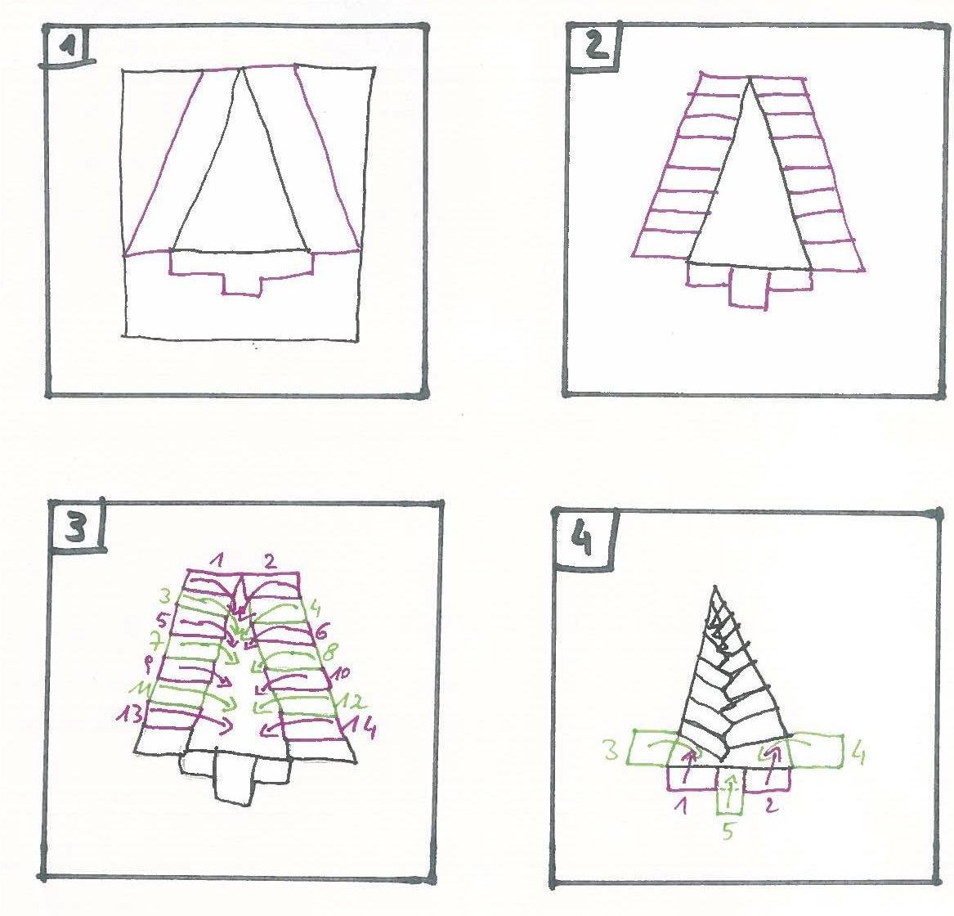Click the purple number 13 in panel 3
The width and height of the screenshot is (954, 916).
(x=128, y=714)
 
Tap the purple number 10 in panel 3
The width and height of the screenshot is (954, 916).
(x=341, y=673)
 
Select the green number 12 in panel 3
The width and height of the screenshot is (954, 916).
(x=356, y=701)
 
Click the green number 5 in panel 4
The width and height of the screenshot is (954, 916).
(x=730, y=833)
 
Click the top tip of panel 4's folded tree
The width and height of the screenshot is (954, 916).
(x=717, y=586)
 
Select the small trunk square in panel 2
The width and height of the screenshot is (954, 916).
(x=748, y=289)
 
